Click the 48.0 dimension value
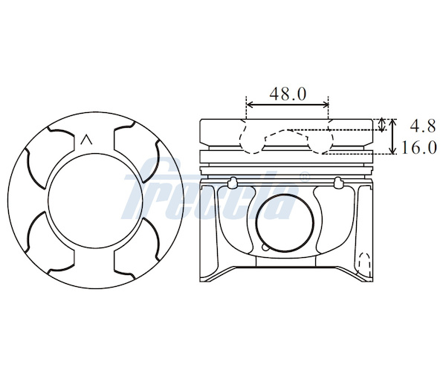pos(288,94)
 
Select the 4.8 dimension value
pos(422,126)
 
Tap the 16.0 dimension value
pos(418,148)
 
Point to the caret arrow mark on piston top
pos(86,140)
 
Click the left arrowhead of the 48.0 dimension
pos(250,105)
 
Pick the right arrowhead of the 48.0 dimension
pos(325,105)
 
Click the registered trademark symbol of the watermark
pos(305,177)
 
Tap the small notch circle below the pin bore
pos(265,247)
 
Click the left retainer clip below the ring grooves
pos(233,183)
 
